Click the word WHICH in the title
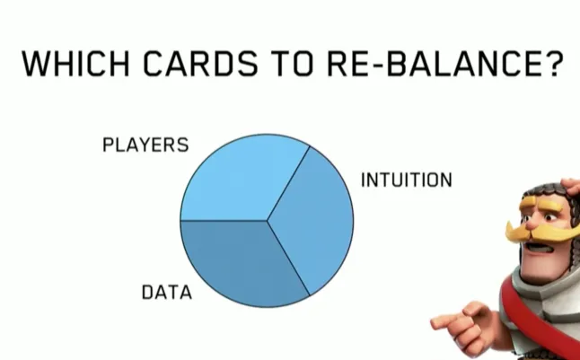[75, 64]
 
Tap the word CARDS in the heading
[200, 64]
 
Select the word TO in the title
[292, 64]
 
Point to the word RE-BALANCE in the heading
[439, 64]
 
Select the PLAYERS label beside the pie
[145, 145]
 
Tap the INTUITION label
[406, 180]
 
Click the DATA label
[167, 292]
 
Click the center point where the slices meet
[267, 221]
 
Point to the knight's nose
[532, 223]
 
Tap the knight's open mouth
[540, 247]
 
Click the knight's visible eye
[550, 217]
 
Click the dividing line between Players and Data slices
[224, 221]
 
